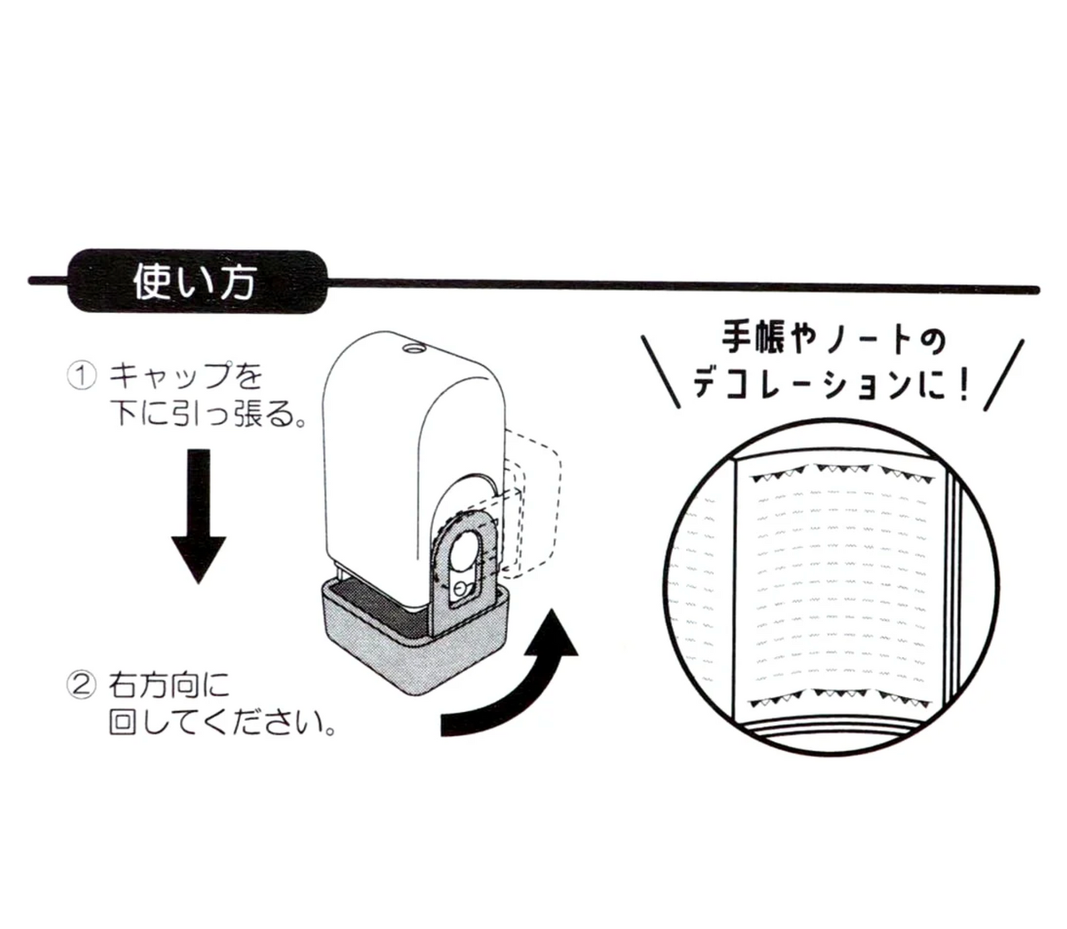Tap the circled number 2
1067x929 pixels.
(x=82, y=686)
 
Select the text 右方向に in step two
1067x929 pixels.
(x=170, y=686)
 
